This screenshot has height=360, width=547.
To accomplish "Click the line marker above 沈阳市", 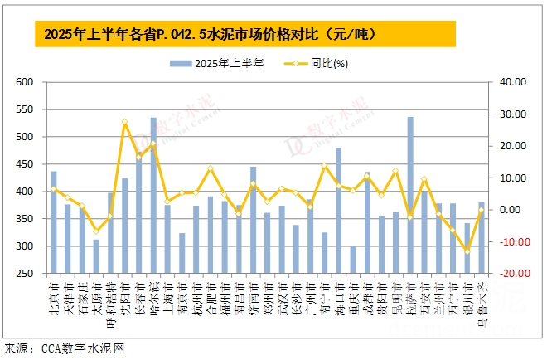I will [124, 122].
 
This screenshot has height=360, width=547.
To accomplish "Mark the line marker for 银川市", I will [467, 251].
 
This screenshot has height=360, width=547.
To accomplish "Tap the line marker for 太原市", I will [96, 231].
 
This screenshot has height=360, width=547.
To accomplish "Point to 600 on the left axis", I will [23, 82].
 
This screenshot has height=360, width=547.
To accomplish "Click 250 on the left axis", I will [23, 274].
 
